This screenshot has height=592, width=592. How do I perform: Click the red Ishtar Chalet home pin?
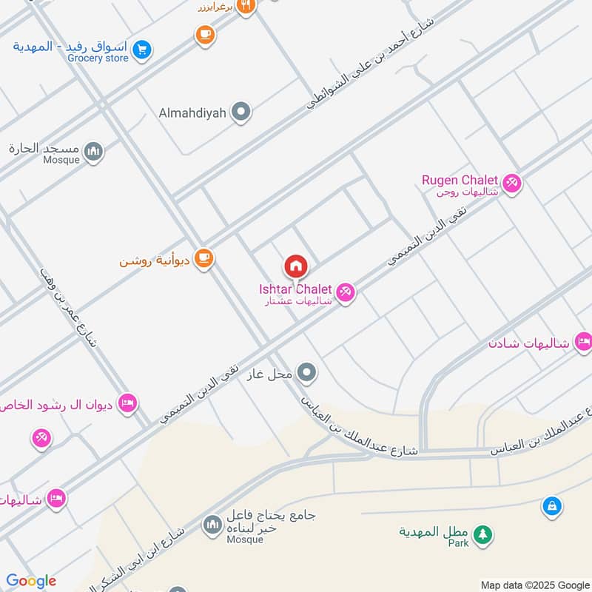point(296,266)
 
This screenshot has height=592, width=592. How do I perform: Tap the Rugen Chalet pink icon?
point(511,182)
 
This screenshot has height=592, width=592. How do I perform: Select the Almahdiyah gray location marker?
point(240,112)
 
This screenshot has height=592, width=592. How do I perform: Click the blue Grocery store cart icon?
point(144,50)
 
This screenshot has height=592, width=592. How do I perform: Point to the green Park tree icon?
point(482,534)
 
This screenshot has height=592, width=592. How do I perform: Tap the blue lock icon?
point(551,506)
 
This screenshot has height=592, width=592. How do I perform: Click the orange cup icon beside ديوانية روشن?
point(205,259)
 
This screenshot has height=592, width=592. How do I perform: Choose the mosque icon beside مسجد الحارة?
point(93,152)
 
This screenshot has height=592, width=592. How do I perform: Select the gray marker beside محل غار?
point(307,374)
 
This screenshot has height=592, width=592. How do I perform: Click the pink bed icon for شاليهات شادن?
point(583,342)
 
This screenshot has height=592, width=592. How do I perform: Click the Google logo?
point(31,581)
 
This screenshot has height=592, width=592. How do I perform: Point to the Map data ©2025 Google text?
point(534,584)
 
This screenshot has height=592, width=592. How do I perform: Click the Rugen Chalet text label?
point(460,180)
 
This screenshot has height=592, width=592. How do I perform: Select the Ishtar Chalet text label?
point(295,289)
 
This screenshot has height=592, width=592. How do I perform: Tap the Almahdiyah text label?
point(192,113)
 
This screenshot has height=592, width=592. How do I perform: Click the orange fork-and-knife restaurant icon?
point(247,7)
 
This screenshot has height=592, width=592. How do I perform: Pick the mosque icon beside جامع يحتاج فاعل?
point(212,525)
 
